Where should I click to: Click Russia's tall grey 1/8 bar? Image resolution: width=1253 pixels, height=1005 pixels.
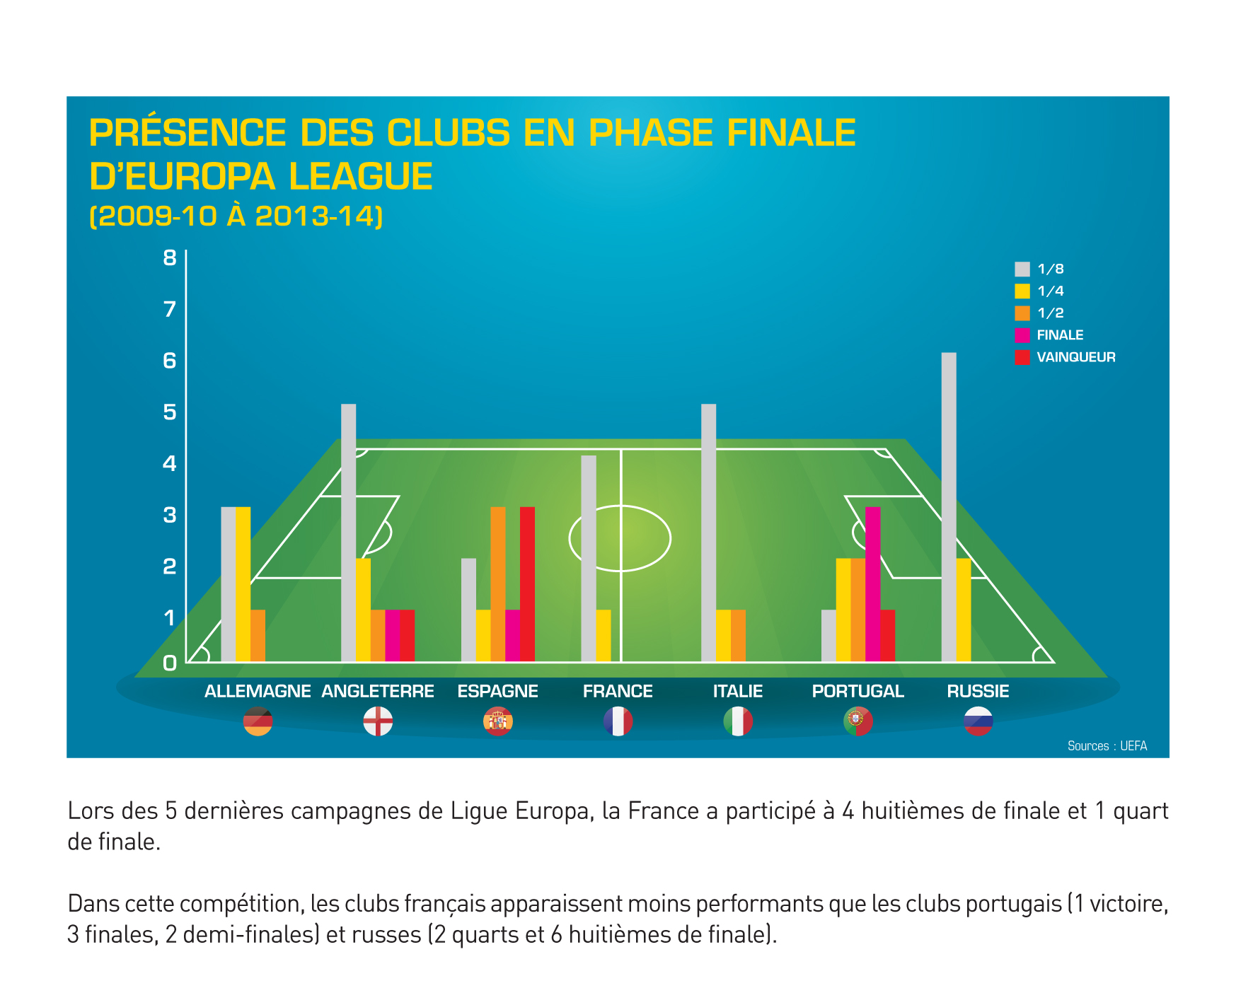(x=948, y=506)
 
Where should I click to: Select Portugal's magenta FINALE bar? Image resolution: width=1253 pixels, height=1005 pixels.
(x=872, y=584)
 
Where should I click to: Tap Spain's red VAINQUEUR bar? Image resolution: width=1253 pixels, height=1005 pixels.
(x=527, y=584)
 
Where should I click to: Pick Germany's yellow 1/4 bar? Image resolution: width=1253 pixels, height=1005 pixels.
(x=243, y=584)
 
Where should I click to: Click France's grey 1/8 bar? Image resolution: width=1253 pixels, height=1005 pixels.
(x=588, y=558)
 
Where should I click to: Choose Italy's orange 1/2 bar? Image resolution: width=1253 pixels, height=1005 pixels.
(x=738, y=635)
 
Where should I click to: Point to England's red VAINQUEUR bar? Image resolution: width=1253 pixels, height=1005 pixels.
(x=407, y=635)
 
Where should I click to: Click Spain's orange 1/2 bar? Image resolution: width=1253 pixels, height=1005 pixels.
(x=497, y=584)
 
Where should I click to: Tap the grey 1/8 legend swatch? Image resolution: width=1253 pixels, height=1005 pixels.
(x=1022, y=269)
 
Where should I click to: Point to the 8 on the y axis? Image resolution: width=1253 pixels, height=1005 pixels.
(x=169, y=258)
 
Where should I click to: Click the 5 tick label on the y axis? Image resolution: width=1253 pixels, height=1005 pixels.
(x=169, y=412)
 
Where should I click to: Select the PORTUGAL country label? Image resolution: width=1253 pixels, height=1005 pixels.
(x=858, y=691)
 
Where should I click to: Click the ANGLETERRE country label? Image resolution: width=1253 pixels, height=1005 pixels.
(x=378, y=691)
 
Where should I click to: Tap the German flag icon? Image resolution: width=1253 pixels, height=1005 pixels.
(x=258, y=721)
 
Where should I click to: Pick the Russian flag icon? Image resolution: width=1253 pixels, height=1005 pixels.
(x=978, y=721)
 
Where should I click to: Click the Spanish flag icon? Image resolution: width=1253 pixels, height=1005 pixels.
(x=497, y=721)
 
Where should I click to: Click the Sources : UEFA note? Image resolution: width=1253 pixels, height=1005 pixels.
(x=1107, y=746)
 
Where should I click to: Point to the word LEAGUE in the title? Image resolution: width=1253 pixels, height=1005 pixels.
(x=361, y=177)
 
